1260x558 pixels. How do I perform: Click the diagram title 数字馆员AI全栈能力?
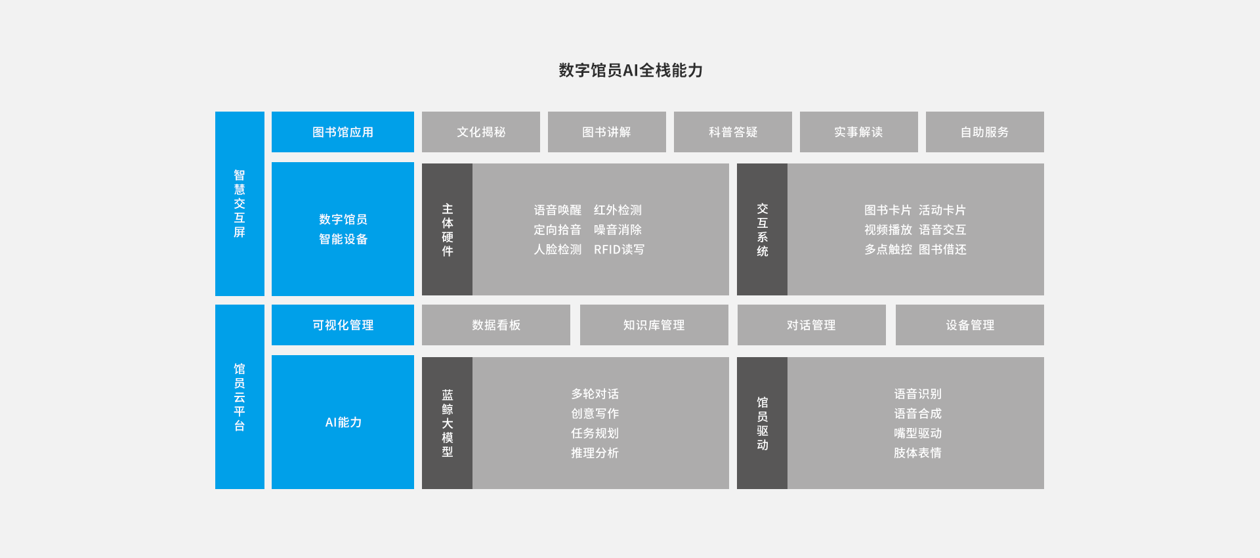pos(631,70)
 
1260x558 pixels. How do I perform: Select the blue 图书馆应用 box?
pos(343,132)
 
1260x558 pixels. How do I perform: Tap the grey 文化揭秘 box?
pos(481,132)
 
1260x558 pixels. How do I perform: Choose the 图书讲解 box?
pos(607,132)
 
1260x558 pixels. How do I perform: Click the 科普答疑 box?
pos(733,132)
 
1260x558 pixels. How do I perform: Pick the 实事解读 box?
pos(859,132)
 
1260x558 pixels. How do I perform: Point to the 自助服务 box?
pos(985,132)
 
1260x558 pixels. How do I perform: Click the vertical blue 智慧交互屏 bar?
pos(240,204)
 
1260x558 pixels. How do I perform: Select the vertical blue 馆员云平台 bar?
pos(240,397)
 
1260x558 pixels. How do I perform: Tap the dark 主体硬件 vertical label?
pos(447,230)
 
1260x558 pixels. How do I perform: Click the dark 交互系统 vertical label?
pos(762,230)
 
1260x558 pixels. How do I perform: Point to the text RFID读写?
pos(619,249)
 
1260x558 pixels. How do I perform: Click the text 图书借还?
pos(942,249)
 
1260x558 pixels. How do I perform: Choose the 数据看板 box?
pos(496,325)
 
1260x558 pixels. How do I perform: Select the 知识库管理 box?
pos(654,325)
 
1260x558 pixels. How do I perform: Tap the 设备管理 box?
pos(970,325)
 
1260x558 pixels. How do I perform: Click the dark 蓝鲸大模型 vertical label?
pos(447,423)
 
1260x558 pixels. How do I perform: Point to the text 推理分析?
pos(595,453)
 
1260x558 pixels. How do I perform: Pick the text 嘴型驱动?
pos(917,433)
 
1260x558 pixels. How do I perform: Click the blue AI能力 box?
pos(343,422)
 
